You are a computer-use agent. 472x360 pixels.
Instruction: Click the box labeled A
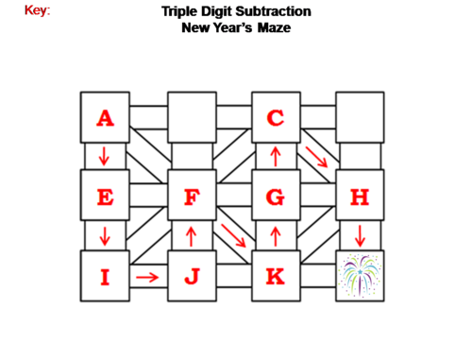coord(105,117)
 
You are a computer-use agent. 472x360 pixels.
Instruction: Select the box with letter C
coord(276,117)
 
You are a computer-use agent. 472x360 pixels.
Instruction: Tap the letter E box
coord(105,197)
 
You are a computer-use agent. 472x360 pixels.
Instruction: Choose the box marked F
coord(192,197)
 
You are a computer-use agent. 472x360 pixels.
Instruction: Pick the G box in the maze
coord(276,197)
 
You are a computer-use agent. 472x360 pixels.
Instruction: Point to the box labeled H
coord(360,197)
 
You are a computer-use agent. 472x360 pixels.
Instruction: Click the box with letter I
coord(105,276)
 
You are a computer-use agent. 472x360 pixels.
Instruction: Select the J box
coord(192,276)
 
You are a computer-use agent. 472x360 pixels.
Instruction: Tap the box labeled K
coord(276,276)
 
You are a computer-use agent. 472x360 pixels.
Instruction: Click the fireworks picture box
coord(360,276)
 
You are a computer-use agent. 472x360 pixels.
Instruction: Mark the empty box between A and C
coord(192,117)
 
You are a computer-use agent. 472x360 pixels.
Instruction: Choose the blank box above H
coord(360,117)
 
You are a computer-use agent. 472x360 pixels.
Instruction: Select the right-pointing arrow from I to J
coord(146,277)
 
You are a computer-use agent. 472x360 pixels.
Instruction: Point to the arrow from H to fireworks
coord(360,236)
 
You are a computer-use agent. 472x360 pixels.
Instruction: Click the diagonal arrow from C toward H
coord(317,157)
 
